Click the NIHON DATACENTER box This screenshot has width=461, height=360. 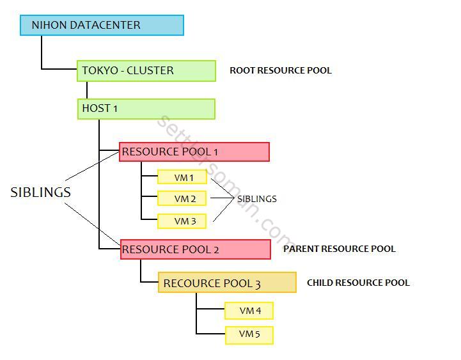pyautogui.click(x=102, y=26)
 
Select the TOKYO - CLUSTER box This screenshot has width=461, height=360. pyautogui.click(x=146, y=71)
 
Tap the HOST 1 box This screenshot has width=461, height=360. pyautogui.click(x=146, y=109)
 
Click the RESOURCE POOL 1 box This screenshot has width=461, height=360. pyautogui.click(x=194, y=152)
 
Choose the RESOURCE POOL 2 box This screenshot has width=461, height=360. pyautogui.click(x=196, y=249)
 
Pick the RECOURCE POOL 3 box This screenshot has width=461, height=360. pyautogui.click(x=227, y=283)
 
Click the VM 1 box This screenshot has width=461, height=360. pyautogui.click(x=182, y=176)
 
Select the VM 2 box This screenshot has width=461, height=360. pyautogui.click(x=182, y=199)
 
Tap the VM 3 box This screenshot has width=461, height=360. pyautogui.click(x=182, y=221)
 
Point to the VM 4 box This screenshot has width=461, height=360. pyautogui.click(x=249, y=311)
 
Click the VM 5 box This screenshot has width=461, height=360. pyautogui.click(x=249, y=334)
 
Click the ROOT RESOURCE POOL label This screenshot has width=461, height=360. pyautogui.click(x=281, y=71)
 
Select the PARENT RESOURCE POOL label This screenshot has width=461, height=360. pyautogui.click(x=340, y=249)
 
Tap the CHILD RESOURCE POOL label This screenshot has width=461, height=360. pyautogui.click(x=358, y=283)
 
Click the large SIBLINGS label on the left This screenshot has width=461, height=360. pyautogui.click(x=40, y=192)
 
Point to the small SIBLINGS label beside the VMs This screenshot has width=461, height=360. pyautogui.click(x=256, y=199)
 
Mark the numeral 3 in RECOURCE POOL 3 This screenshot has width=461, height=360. pyautogui.click(x=258, y=284)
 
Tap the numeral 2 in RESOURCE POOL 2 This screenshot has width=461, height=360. pyautogui.click(x=215, y=250)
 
